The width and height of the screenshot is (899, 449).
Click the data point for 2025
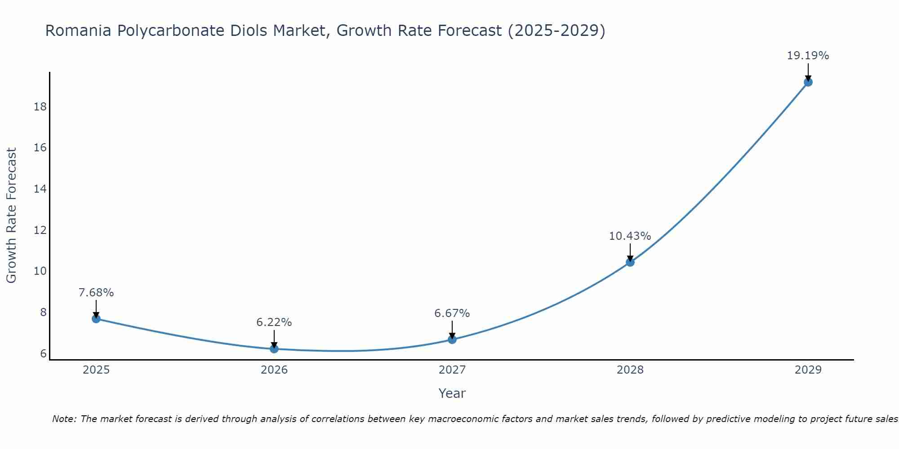[96, 319]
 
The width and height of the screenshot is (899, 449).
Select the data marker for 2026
[274, 349]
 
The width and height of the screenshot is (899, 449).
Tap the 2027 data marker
[452, 339]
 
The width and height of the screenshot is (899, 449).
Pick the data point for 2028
[630, 262]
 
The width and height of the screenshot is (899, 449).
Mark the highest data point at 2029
[808, 82]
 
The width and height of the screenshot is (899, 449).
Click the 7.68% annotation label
[96, 293]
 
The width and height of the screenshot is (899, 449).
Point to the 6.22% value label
[274, 322]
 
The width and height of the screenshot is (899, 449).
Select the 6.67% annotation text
[452, 313]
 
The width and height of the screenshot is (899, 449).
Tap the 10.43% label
[630, 236]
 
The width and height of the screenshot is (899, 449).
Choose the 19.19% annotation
[808, 56]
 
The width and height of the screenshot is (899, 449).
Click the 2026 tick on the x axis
[274, 370]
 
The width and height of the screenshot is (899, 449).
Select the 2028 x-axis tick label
[630, 370]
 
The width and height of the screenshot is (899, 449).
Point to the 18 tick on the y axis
[40, 107]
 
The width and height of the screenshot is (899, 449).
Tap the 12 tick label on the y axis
[40, 230]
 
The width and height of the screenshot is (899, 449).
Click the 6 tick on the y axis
[43, 354]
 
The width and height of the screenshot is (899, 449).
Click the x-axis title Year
[452, 393]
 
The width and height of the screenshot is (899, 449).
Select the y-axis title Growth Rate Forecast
[12, 216]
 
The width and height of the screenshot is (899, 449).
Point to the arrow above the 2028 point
[630, 252]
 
